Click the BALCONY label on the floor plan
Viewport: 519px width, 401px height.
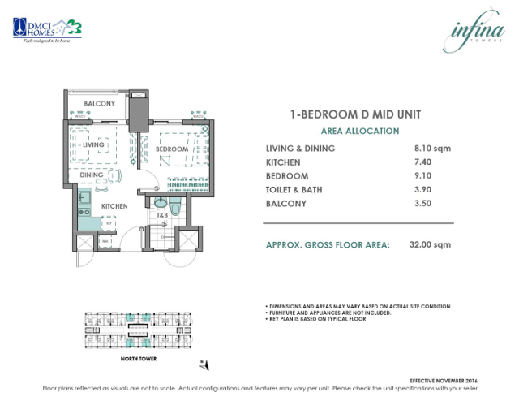point(100,104)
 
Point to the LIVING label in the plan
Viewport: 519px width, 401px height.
point(93,144)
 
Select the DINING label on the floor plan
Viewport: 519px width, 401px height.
point(91,175)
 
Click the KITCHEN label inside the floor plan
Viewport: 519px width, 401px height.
point(114,206)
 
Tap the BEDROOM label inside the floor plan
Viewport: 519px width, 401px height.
point(172,149)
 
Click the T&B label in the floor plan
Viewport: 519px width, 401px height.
point(162,216)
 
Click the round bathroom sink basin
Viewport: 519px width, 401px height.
point(161,203)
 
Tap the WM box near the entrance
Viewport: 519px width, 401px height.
point(105,241)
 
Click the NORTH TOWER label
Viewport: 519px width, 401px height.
point(118,358)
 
